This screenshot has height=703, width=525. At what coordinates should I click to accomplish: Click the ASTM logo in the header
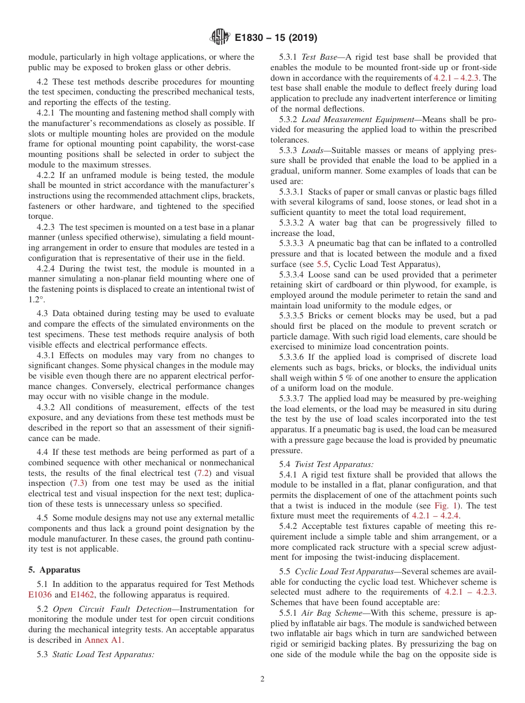tap(220, 38)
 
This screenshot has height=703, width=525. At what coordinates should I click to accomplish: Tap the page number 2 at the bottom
tap(262, 679)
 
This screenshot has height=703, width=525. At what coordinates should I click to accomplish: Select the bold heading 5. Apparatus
tap(54, 569)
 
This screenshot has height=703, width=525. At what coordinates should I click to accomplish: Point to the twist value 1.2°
tap(37, 299)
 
